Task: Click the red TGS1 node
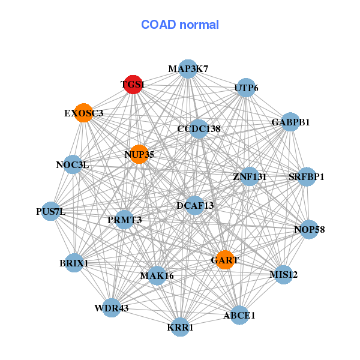click(133, 84)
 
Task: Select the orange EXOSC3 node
click(83, 113)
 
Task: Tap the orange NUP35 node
click(139, 154)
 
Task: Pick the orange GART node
click(225, 260)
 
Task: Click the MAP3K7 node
click(188, 69)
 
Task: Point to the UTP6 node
click(246, 88)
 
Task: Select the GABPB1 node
click(290, 122)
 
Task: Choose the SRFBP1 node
click(307, 176)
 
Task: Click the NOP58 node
click(309, 229)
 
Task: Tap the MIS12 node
click(284, 275)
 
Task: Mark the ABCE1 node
click(239, 315)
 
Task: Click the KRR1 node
click(180, 327)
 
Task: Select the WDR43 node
click(112, 308)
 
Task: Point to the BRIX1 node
click(74, 263)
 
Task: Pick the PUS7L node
click(50, 211)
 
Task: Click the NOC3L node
click(73, 164)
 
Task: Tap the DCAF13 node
click(195, 205)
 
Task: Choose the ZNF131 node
click(250, 176)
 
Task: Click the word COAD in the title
click(158, 25)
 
